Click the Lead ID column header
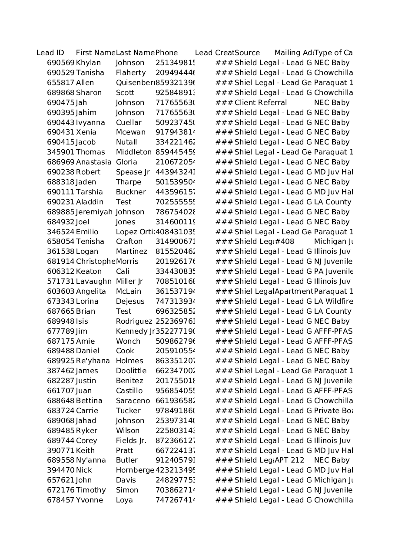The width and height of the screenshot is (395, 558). click(x=50, y=53)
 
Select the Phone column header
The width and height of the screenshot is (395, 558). click(x=166, y=53)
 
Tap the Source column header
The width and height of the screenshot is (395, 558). click(x=247, y=53)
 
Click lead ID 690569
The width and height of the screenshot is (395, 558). click(x=61, y=63)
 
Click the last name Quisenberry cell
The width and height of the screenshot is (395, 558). click(x=135, y=83)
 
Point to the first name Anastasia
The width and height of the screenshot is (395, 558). click(x=93, y=162)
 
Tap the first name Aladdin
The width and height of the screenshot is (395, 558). click(x=90, y=202)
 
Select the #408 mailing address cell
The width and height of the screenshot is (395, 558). click(x=285, y=242)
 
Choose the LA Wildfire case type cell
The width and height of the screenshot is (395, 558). click(x=333, y=302)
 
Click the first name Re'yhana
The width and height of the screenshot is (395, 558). click(x=93, y=361)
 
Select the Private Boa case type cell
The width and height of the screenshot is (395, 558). click(x=333, y=411)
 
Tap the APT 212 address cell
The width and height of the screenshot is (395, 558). click(x=289, y=460)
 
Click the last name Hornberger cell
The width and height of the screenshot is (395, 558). click(x=135, y=470)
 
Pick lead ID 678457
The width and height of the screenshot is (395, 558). click(x=61, y=500)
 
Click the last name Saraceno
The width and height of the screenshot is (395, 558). click(x=133, y=401)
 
